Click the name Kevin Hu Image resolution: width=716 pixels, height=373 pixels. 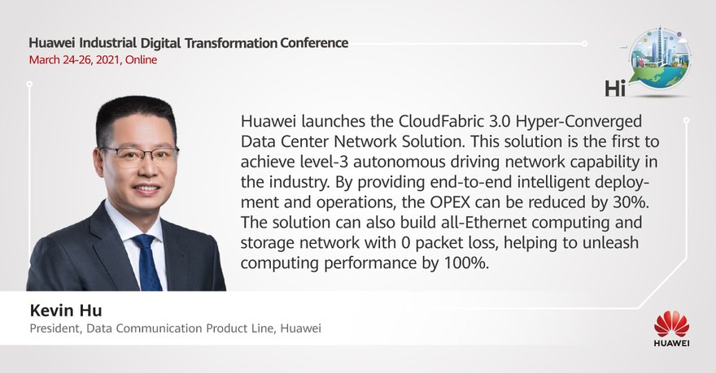(66, 310)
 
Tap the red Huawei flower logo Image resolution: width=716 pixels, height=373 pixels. (671, 324)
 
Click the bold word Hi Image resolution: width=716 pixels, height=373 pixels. (615, 88)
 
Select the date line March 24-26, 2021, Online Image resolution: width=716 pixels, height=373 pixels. (93, 60)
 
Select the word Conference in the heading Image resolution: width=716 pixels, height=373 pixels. (314, 43)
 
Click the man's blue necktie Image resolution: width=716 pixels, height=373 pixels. (147, 262)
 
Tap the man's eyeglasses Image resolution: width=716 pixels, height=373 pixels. (140, 155)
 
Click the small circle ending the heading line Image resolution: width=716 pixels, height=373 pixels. (584, 44)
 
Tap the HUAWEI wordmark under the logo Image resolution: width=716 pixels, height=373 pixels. (671, 343)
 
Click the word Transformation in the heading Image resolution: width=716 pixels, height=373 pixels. (231, 43)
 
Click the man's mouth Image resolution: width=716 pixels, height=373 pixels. (146, 189)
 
